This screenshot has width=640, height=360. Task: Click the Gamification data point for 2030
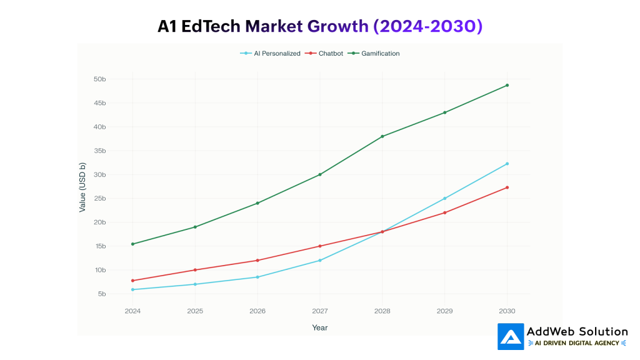pos(507,85)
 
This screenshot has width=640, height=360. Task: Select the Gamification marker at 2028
pos(382,136)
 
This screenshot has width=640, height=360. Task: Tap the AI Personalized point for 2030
pos(507,164)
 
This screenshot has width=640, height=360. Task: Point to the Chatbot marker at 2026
pos(257,260)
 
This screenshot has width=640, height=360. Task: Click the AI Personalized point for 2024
pos(132,289)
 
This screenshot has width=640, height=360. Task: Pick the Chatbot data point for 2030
pos(507,187)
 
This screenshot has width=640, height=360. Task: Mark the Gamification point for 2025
pos(195,227)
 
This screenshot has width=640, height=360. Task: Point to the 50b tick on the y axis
pos(100,79)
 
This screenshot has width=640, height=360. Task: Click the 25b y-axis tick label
pos(100,199)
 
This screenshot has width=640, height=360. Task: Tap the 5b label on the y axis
pos(102,294)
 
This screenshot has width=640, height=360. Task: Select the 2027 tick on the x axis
pos(320,311)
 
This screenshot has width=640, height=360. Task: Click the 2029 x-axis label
pos(444,311)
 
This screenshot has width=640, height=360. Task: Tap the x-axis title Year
pos(320,327)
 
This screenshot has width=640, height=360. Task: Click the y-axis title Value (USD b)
pos(82,187)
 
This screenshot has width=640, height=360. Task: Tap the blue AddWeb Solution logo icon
pos(511,336)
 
